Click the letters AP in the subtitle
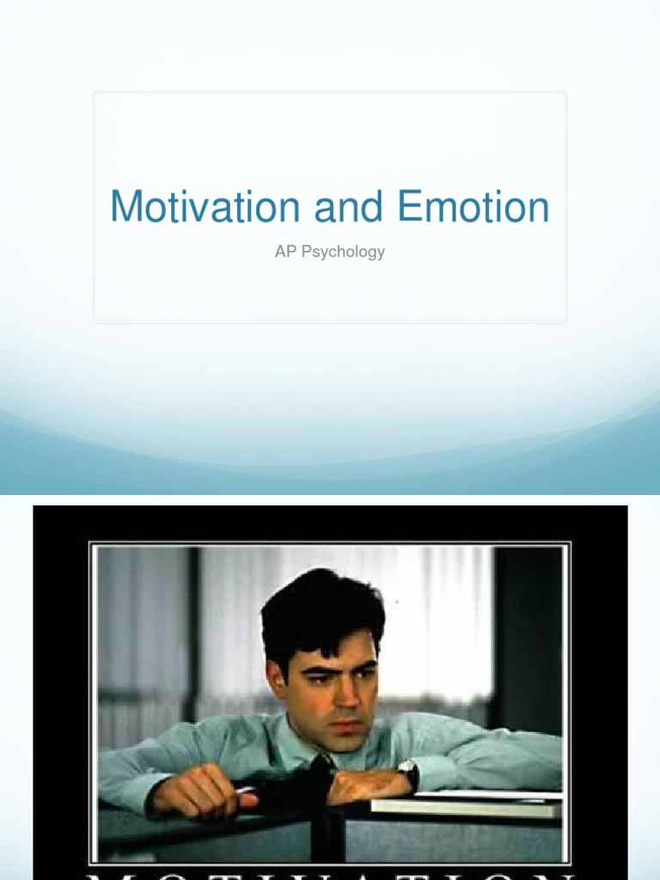pyautogui.click(x=284, y=252)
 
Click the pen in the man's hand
pyautogui.click(x=246, y=789)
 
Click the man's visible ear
pyautogui.click(x=277, y=679)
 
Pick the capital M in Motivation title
pyautogui.click(x=125, y=207)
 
